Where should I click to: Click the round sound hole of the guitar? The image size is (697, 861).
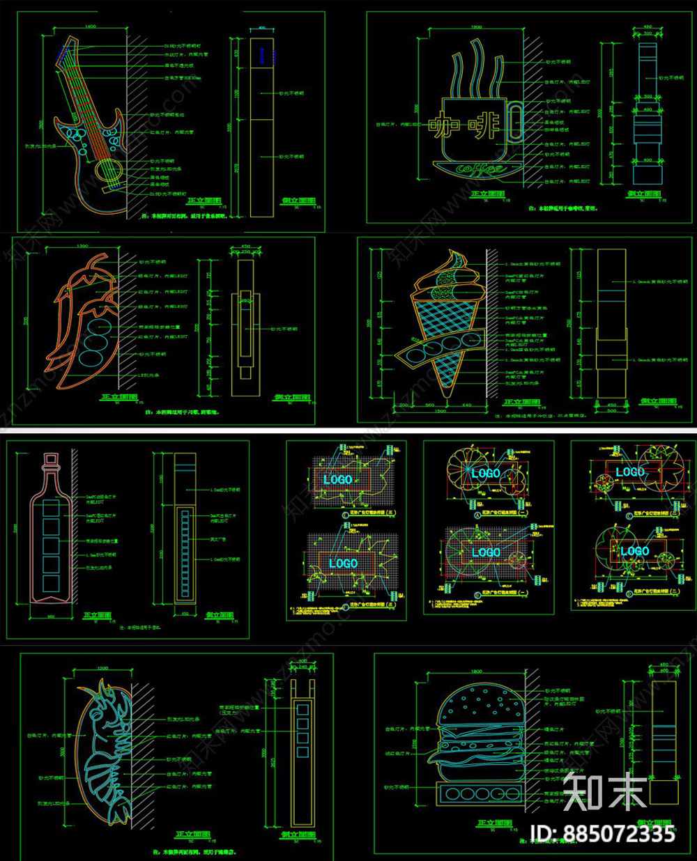tap(106, 169)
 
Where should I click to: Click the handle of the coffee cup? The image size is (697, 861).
tap(515, 122)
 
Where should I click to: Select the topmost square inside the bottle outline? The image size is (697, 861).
tap(51, 509)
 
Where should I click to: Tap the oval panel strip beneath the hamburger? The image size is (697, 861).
tap(479, 793)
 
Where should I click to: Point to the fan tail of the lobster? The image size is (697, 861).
tap(118, 807)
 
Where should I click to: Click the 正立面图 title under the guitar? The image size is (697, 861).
tap(204, 201)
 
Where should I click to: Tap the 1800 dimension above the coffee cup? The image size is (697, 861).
tap(477, 27)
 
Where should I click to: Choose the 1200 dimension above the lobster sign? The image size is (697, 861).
tap(102, 669)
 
